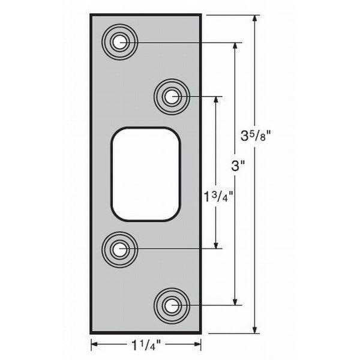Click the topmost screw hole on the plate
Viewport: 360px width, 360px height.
point(120,42)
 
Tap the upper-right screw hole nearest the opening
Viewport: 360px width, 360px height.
point(172,96)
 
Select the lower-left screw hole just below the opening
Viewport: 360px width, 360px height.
point(120,247)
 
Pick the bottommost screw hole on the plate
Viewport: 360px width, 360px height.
point(172,305)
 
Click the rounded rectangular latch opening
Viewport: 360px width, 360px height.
point(146,174)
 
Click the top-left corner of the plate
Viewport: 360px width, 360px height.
point(91,14)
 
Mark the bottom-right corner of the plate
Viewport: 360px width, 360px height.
point(200,332)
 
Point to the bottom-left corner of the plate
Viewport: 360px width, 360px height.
point(91,332)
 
